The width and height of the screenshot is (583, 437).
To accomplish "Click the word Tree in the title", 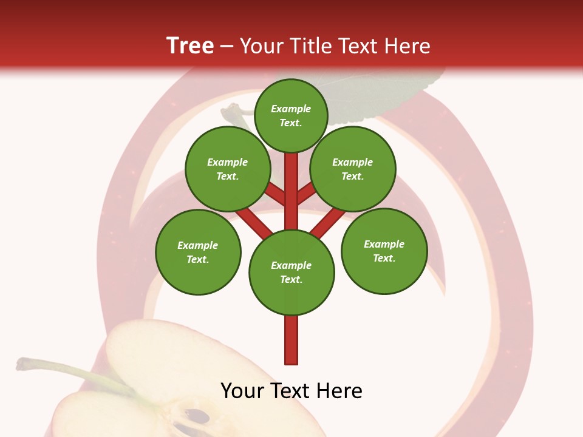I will [x=190, y=46].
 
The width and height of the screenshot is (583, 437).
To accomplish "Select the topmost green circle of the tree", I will [x=291, y=115].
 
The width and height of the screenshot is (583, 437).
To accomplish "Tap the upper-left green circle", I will [x=228, y=169].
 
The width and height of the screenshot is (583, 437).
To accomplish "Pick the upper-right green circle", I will [x=353, y=169].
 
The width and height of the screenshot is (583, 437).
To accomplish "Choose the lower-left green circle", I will [x=198, y=252].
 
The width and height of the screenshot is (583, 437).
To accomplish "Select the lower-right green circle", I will [x=384, y=251].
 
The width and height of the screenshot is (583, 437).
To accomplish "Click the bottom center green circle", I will [x=291, y=273].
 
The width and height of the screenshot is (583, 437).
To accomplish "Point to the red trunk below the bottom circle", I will [x=291, y=340].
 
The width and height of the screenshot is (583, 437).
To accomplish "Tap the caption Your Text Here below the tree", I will [x=291, y=391].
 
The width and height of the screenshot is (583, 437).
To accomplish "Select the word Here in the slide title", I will [x=407, y=46].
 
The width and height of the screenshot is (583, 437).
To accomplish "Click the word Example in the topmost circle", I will [x=291, y=109].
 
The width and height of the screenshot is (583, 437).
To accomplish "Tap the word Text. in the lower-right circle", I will [x=384, y=258].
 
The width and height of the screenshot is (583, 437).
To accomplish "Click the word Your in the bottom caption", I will [x=241, y=391].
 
